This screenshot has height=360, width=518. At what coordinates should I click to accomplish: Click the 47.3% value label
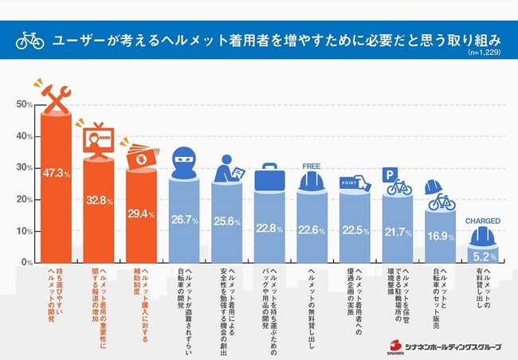[56, 173]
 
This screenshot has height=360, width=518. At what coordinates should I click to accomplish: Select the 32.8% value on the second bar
[99, 201]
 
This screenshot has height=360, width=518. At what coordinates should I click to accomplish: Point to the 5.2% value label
[483, 257]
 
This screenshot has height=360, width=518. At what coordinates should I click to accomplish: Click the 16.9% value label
[440, 236]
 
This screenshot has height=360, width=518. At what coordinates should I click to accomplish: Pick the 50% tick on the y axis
[23, 104]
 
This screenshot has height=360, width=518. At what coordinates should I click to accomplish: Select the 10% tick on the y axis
[23, 231]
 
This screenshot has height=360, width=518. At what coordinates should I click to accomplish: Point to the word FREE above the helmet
[312, 166]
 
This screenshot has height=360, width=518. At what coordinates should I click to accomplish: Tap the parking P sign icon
[390, 173]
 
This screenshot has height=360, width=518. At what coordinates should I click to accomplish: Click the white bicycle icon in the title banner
[29, 41]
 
